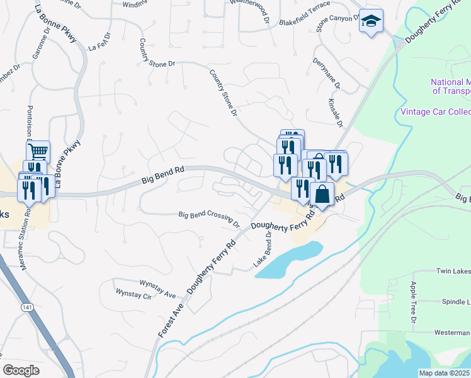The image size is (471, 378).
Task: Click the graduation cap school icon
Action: (372, 21)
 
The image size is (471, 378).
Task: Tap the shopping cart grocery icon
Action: (38, 151)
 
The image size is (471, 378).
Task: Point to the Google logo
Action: (21, 370)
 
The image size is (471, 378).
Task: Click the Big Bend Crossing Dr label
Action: (210, 218)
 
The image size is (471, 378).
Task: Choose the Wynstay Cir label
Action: (134, 294)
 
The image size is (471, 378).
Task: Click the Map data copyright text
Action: (445, 373)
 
